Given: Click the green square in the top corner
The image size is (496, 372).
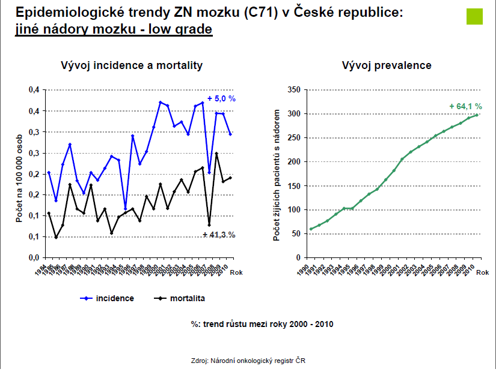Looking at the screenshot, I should pyautogui.click(x=475, y=17).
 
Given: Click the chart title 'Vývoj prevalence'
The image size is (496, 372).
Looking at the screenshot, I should pyautogui.click(x=387, y=65).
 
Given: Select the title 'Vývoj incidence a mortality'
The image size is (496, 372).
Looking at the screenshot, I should pyautogui.click(x=132, y=65).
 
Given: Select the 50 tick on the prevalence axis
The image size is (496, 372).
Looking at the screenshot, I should pyautogui.click(x=293, y=233).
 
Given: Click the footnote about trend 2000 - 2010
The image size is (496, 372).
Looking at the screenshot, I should pyautogui.click(x=262, y=325).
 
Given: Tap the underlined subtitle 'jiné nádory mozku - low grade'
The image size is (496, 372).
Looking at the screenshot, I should pyautogui.click(x=114, y=29).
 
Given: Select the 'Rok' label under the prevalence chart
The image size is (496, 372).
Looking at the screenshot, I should pyautogui.click(x=483, y=272).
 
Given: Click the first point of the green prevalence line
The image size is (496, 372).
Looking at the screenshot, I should pyautogui.click(x=311, y=229).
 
